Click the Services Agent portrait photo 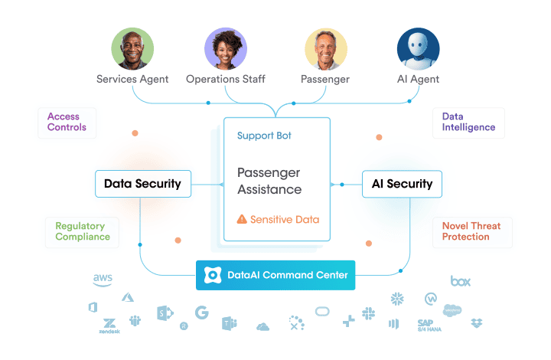click(132, 49)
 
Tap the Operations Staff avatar click(225, 49)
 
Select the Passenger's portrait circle click(325, 49)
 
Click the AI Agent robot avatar click(418, 49)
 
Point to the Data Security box click(142, 184)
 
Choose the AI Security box click(402, 184)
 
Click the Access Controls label click(67, 122)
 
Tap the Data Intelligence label click(468, 122)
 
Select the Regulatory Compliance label click(83, 231)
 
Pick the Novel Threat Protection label click(471, 231)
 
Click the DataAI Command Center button click(275, 275)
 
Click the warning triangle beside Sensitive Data click(242, 220)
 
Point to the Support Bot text click(264, 136)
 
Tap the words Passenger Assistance click(269, 181)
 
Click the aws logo click(103, 280)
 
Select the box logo click(460, 281)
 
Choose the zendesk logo click(109, 325)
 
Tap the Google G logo click(201, 313)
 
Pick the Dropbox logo click(478, 323)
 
